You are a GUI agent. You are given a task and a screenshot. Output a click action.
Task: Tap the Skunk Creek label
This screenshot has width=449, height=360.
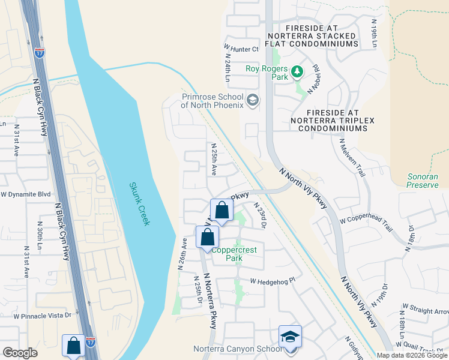(x=139, y=205)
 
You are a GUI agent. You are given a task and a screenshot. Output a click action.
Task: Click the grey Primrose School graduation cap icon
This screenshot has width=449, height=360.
(x=253, y=100)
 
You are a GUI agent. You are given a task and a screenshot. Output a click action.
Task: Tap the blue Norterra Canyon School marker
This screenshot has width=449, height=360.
(x=290, y=337)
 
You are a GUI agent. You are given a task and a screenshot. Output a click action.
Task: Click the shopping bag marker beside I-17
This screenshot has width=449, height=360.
(x=73, y=346)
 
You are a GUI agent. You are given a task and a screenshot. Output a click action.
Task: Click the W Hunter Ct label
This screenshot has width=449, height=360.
(x=241, y=49)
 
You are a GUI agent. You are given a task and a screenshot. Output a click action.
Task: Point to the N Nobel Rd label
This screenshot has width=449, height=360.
(x=313, y=79)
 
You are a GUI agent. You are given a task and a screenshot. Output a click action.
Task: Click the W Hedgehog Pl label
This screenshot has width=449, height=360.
(x=273, y=281)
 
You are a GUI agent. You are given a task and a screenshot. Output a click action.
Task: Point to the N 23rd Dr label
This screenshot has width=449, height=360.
(x=260, y=215)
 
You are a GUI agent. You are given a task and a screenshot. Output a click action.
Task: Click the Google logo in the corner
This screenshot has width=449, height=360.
(x=20, y=353)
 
